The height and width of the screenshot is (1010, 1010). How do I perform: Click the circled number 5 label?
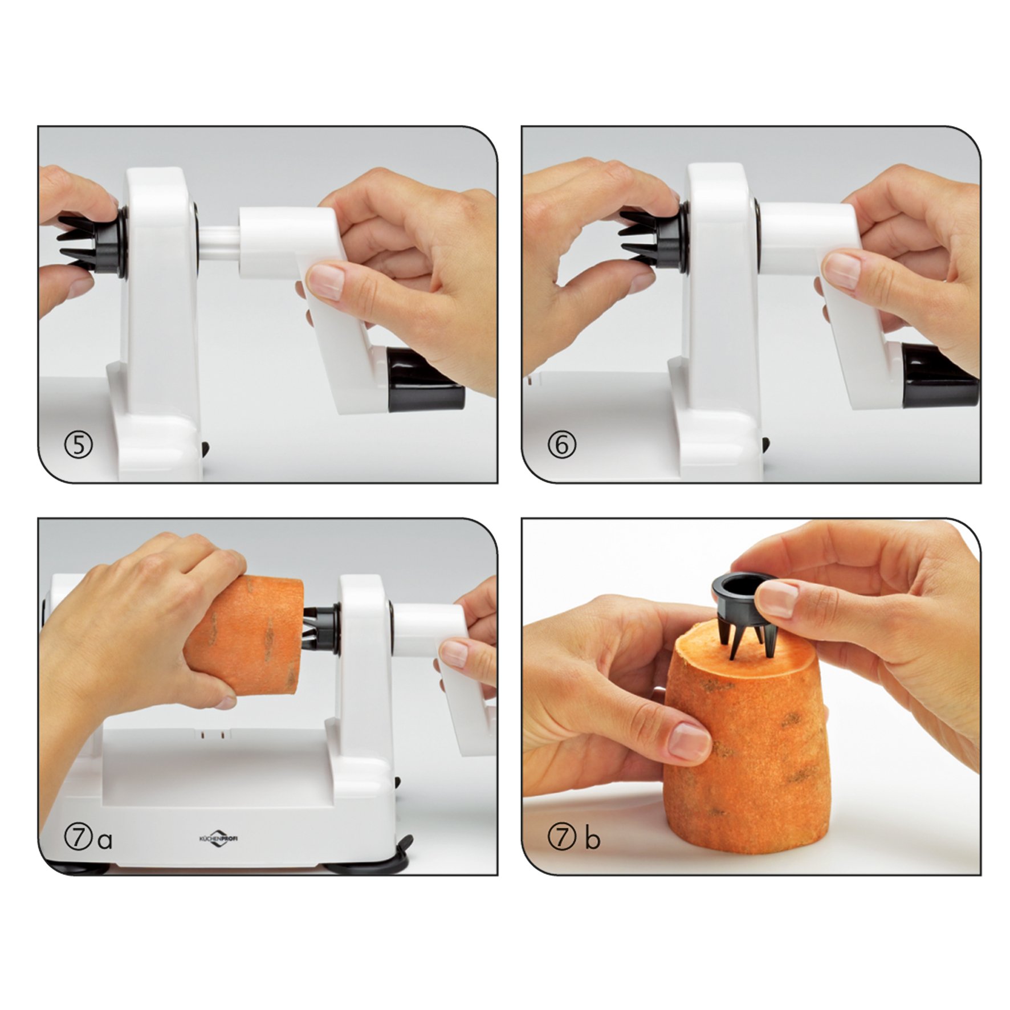pyautogui.click(x=79, y=445)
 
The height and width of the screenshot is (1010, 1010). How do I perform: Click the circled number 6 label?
pyautogui.click(x=562, y=445)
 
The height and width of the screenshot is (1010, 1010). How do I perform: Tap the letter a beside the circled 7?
pyautogui.click(x=104, y=840)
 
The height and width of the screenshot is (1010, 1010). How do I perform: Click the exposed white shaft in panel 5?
pyautogui.click(x=218, y=242)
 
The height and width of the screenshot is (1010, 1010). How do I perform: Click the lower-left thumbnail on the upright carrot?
pyautogui.click(x=689, y=740)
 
